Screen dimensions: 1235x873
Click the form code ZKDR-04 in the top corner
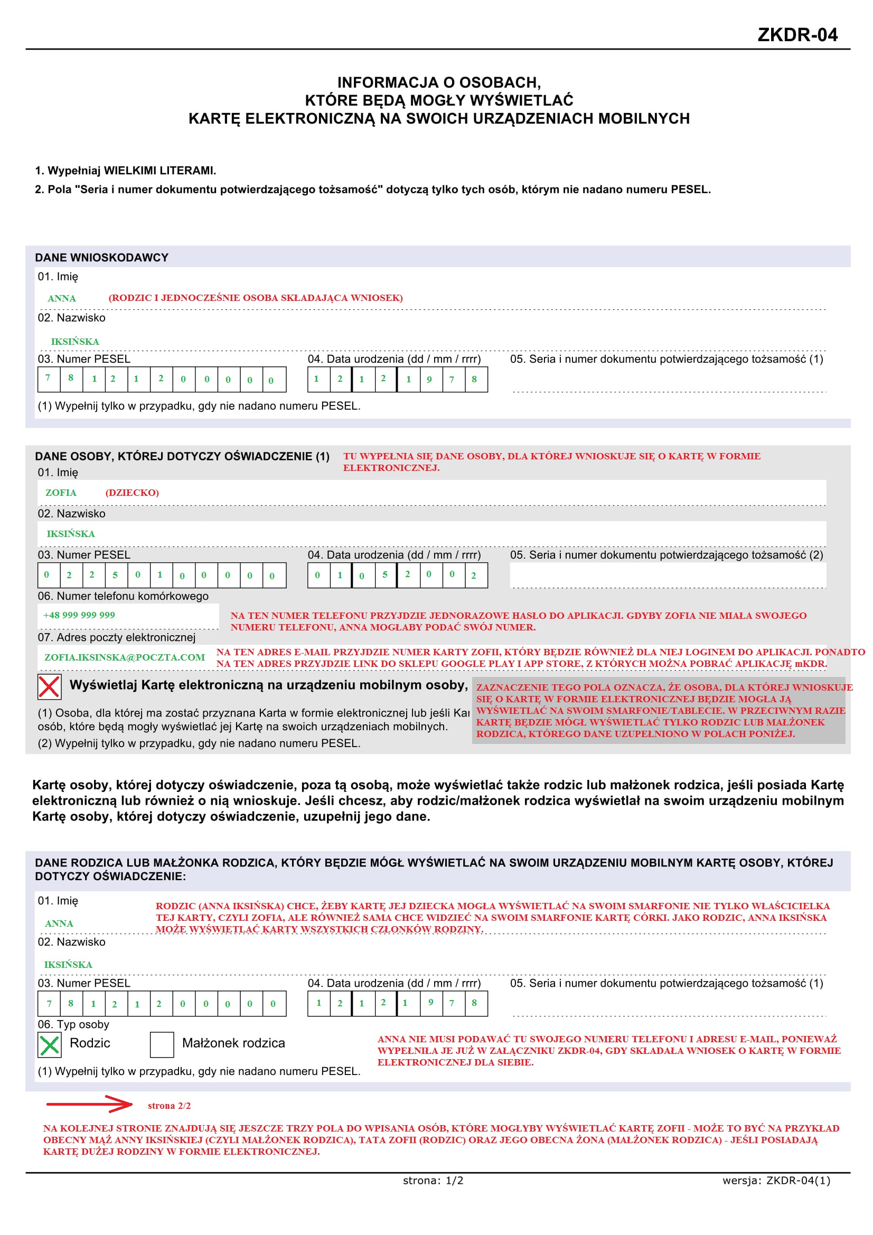click(x=796, y=35)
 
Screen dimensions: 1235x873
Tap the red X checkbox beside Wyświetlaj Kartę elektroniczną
click(x=49, y=686)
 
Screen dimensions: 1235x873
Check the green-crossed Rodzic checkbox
click(x=50, y=1044)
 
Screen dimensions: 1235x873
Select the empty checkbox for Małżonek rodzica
click(x=162, y=1044)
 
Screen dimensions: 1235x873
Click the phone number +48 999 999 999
click(x=79, y=615)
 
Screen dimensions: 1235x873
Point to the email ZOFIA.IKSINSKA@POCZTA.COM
click(x=124, y=657)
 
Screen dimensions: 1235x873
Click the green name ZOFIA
click(x=61, y=493)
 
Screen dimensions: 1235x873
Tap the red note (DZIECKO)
click(x=132, y=493)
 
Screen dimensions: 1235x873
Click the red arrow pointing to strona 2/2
click(x=89, y=1104)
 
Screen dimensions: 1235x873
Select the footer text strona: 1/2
click(x=433, y=1181)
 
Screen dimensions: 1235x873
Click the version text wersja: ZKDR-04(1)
click(x=776, y=1181)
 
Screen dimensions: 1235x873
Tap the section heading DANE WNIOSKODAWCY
click(x=101, y=258)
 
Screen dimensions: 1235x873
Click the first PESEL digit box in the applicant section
click(x=49, y=379)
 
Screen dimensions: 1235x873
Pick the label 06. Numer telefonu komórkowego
click(x=123, y=596)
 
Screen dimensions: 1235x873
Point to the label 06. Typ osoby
click(x=73, y=1025)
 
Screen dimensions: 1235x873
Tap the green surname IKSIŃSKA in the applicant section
click(x=75, y=342)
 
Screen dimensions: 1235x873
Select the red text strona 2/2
click(x=169, y=1106)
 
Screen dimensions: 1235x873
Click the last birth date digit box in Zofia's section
click(x=475, y=575)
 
